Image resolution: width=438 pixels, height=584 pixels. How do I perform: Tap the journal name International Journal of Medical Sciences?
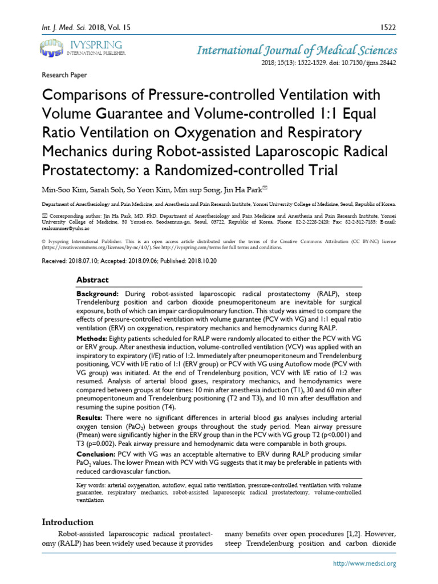tap(297, 50)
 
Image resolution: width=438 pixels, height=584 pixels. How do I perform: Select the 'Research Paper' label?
tap(64, 74)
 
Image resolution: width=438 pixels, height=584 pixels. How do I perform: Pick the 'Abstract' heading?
tap(92, 280)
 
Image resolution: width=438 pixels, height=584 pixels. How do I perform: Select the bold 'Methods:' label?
tap(93, 339)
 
